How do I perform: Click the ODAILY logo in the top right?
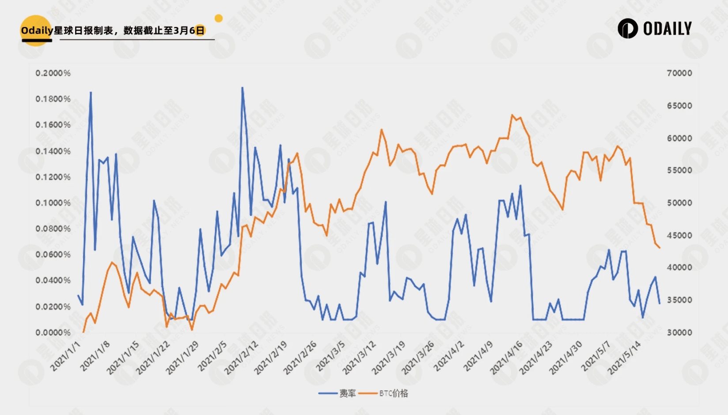point(654,29)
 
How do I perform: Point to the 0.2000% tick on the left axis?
point(53,73)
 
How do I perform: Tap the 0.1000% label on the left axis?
point(53,203)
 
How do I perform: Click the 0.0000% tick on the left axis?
point(53,333)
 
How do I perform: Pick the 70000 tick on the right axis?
point(679,73)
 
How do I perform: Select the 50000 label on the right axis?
point(679,203)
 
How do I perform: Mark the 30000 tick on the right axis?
point(679,333)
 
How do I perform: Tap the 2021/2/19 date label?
point(270,358)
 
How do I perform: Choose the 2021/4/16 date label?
point(506,358)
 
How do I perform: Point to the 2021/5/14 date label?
point(624,358)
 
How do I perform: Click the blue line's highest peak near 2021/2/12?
point(242,87)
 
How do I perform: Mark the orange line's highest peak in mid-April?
point(512,115)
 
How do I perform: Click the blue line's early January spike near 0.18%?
point(91,92)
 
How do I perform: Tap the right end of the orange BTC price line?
point(660,248)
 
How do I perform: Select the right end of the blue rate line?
point(660,303)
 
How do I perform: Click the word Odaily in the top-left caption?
point(37,30)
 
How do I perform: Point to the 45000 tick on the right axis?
point(679,236)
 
